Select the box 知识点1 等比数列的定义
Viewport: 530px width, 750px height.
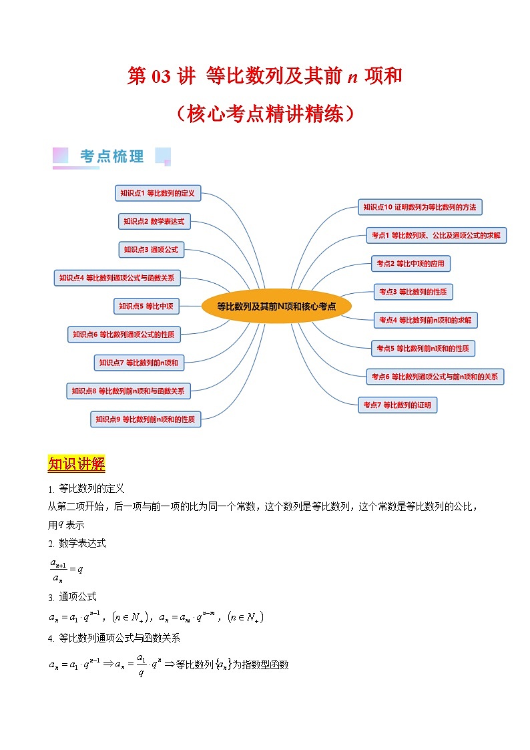point(158,193)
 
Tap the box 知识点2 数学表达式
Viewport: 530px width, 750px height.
point(154,221)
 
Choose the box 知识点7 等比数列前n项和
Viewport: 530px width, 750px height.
point(139,363)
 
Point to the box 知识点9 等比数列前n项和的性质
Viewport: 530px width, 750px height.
point(146,419)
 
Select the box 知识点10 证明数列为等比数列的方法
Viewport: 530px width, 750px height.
point(420,207)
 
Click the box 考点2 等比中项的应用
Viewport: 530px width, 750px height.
point(411,264)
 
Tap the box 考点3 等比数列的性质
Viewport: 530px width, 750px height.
point(413,292)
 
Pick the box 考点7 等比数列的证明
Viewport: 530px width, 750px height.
point(397,405)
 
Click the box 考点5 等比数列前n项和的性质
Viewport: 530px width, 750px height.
point(423,348)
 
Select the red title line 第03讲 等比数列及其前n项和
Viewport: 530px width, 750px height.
point(264,76)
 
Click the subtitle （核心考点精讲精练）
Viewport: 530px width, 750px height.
point(264,114)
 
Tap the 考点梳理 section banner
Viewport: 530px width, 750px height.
point(111,157)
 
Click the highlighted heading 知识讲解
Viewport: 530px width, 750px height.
point(76,464)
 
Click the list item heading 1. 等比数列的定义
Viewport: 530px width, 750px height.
point(86,489)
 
